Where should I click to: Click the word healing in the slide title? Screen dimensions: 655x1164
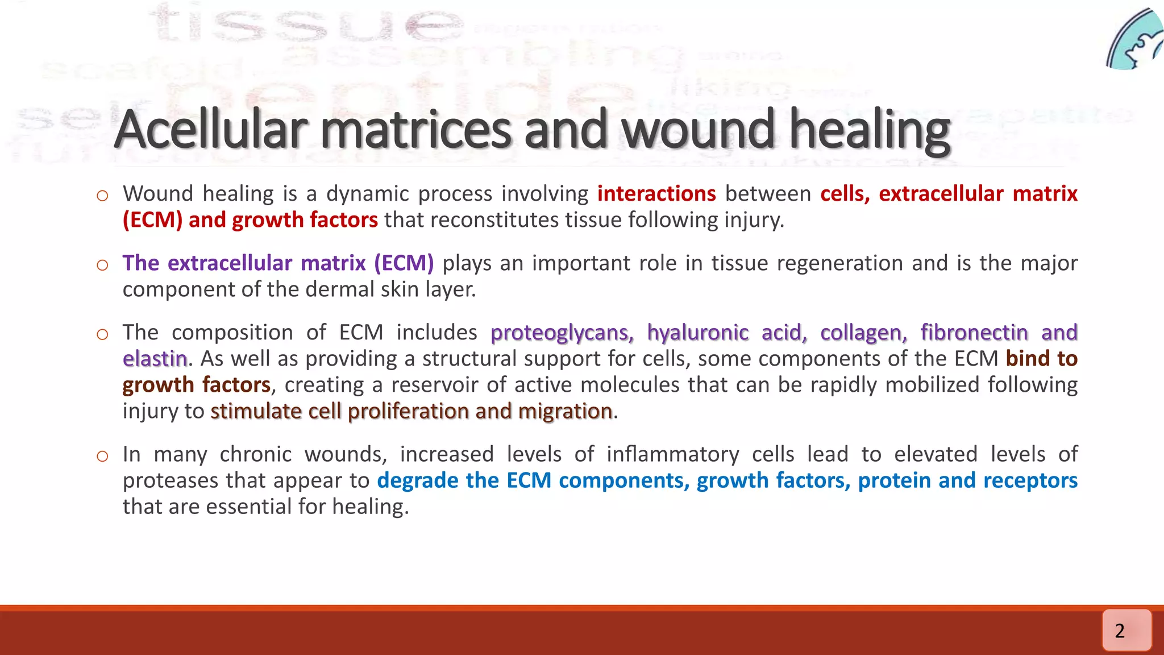[870, 130]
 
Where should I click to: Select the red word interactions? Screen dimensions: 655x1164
[656, 194]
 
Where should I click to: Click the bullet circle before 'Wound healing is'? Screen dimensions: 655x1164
[102, 196]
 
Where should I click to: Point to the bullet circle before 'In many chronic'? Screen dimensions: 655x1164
[102, 457]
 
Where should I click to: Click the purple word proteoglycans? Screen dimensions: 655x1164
[562, 333]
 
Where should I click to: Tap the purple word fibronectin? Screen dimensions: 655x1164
[974, 333]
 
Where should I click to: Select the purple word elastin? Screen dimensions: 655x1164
[155, 359]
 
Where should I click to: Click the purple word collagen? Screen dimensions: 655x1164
[863, 333]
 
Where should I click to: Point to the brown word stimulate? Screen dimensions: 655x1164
[256, 411]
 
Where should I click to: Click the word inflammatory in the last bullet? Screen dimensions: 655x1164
[672, 454]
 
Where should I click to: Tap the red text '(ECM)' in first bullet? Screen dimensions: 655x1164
[152, 220]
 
